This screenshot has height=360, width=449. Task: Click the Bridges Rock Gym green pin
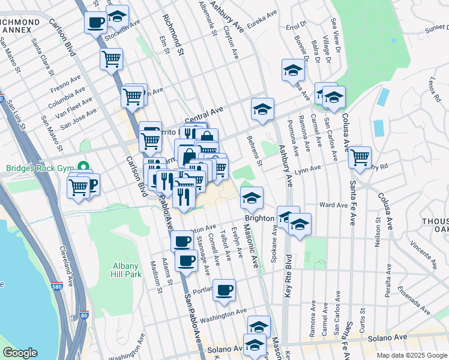(83, 167)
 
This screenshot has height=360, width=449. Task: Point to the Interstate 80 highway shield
(83, 314)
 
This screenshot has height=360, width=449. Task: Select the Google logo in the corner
(20, 353)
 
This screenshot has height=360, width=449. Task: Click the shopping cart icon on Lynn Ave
(360, 157)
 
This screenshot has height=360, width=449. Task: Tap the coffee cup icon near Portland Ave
(224, 290)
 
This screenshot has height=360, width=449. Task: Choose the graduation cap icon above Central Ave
(262, 109)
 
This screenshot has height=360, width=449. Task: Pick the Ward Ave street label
(334, 205)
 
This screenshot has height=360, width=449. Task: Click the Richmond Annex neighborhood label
(22, 26)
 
